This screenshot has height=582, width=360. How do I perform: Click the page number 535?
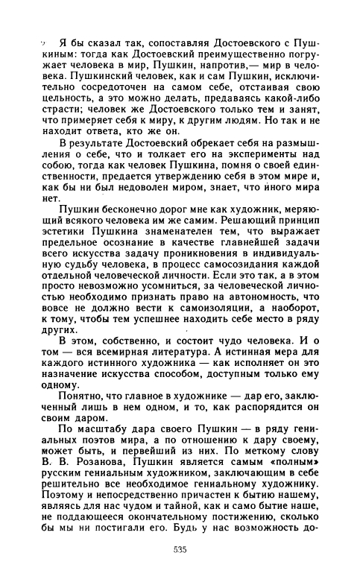point(180,549)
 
